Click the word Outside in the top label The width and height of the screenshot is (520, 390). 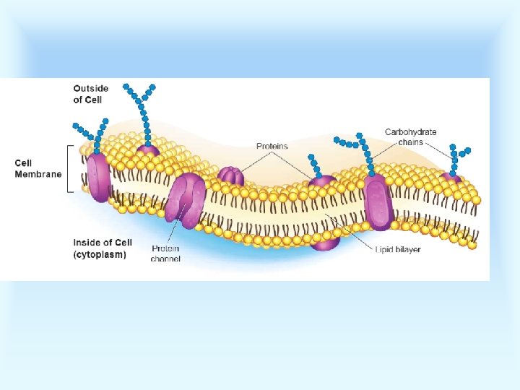pyautogui.click(x=91, y=89)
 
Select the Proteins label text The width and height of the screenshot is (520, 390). pyautogui.click(x=272, y=147)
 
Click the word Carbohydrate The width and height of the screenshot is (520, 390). pyautogui.click(x=410, y=132)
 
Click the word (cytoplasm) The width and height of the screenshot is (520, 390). pyautogui.click(x=100, y=254)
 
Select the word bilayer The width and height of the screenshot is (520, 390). pyautogui.click(x=408, y=250)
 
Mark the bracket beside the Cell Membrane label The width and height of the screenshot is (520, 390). pyautogui.click(x=69, y=169)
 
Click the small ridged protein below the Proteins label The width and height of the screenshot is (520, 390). pyautogui.click(x=230, y=176)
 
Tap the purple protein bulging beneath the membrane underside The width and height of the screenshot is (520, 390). pyautogui.click(x=325, y=242)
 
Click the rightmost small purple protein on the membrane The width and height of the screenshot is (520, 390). pyautogui.click(x=451, y=177)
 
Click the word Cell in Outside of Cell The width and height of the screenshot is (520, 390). pyautogui.click(x=94, y=100)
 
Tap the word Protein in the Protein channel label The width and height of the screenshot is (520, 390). pyautogui.click(x=165, y=248)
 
